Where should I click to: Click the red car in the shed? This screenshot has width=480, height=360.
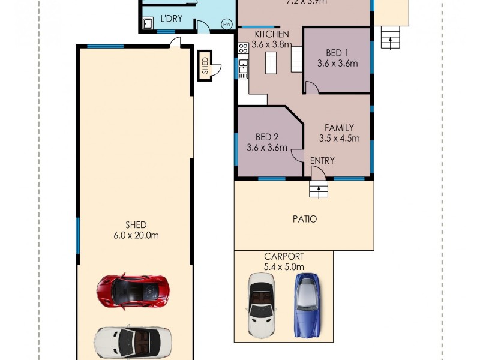click(x=132, y=291)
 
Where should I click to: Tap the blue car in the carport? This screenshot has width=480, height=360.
click(x=306, y=304)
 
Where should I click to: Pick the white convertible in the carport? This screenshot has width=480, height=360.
click(x=262, y=304)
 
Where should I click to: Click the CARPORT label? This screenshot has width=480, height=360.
click(x=284, y=256)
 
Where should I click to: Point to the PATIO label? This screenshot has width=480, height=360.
click(x=305, y=219)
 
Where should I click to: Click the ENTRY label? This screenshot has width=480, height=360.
click(x=322, y=161)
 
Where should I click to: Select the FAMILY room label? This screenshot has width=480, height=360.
click(x=339, y=128)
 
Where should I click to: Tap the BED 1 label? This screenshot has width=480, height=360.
click(x=337, y=52)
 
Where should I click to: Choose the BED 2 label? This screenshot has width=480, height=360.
click(x=266, y=137)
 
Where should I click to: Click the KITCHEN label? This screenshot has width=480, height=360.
click(x=272, y=34)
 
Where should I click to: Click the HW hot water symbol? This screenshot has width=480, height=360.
click(x=226, y=25)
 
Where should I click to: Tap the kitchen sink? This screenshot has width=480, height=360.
click(x=244, y=68)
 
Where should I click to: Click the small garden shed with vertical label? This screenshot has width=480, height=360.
click(x=205, y=65)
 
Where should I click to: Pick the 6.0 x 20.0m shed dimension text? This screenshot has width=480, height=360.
click(x=137, y=235)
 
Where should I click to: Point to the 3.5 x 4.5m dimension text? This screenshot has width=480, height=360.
click(x=339, y=138)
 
